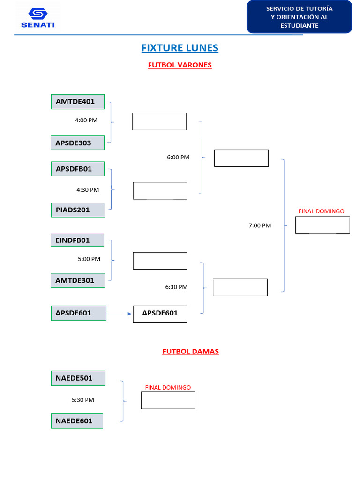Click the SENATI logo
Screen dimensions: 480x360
38,18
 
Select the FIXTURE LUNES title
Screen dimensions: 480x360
180,48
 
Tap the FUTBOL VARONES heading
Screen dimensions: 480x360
180,65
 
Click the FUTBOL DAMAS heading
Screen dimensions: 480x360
190,351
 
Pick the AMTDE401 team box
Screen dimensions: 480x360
78,102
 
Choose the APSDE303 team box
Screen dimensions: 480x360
78,143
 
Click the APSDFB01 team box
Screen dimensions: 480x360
78,169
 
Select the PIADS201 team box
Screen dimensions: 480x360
78,210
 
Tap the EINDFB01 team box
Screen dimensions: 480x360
77,240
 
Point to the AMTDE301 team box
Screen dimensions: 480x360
78,280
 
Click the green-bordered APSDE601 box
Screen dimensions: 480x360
78,313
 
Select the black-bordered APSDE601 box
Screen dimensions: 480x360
160,314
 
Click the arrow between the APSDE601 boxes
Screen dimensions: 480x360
120,314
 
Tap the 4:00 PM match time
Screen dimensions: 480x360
86,120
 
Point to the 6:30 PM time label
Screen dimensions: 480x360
176,287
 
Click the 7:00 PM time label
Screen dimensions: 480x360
260,225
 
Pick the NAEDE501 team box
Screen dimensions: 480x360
78,378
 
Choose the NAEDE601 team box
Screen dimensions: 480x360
78,421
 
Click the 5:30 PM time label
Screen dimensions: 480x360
83,400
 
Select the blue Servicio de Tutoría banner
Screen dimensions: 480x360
299,17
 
